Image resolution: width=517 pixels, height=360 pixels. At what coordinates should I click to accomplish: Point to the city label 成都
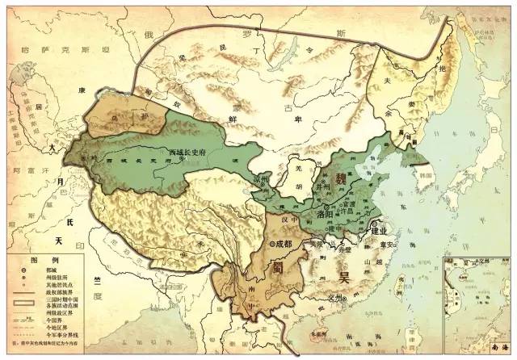click(x=282, y=242)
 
